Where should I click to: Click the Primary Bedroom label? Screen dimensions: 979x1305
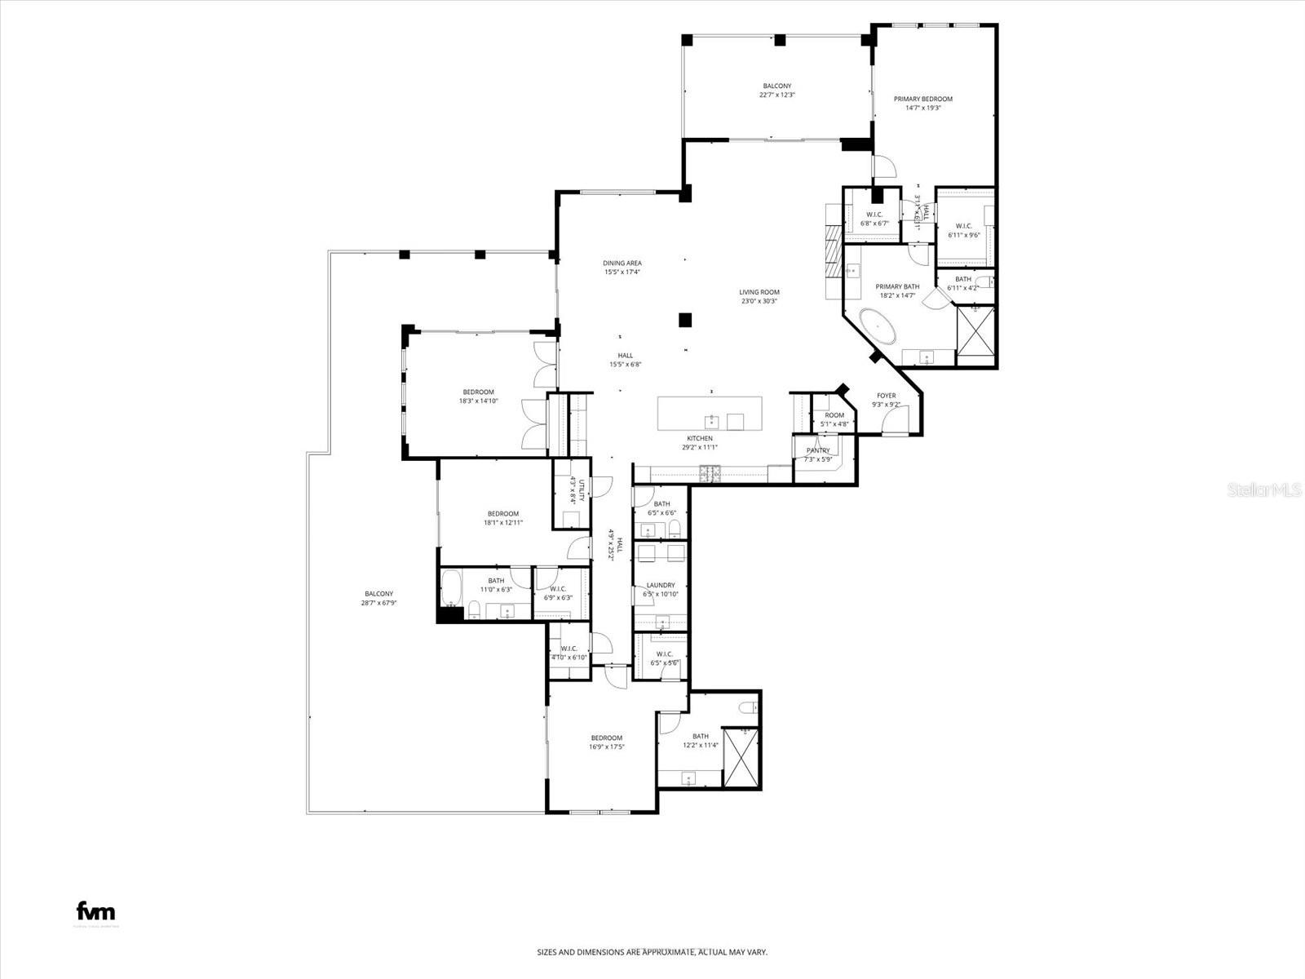(922, 99)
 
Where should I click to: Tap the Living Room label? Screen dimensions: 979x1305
(759, 292)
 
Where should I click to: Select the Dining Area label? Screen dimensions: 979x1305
(622, 264)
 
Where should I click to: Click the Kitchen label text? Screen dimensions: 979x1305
(699, 438)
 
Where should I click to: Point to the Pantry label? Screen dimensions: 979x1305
(818, 450)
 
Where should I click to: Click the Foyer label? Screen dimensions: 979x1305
(886, 396)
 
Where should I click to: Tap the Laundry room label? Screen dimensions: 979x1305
(661, 585)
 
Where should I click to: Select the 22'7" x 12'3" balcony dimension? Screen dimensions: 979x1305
(776, 95)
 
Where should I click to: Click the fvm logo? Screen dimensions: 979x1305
(95, 911)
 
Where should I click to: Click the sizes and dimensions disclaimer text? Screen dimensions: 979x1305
(652, 952)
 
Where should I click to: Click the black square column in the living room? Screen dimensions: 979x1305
(685, 320)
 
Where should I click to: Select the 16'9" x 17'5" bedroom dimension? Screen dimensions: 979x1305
(606, 746)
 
